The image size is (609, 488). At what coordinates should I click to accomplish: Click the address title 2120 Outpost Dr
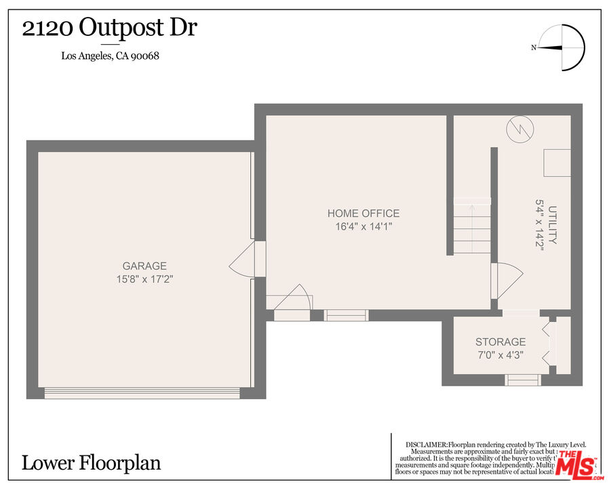110,28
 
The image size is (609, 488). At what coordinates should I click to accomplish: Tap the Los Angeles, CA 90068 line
111,56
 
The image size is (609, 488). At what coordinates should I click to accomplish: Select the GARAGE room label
144,266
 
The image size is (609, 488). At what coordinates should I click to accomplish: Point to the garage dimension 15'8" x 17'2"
144,279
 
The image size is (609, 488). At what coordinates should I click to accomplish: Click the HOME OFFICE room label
364,213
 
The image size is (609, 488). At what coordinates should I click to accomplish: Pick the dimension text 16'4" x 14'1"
364,226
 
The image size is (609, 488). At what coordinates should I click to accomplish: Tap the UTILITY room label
553,225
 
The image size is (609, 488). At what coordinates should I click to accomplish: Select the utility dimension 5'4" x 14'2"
541,225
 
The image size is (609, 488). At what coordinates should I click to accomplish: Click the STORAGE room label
500,342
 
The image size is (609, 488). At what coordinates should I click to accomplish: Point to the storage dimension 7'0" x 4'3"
500,355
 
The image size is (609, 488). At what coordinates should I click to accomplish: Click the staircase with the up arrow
472,226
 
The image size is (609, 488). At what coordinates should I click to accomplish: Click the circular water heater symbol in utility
521,129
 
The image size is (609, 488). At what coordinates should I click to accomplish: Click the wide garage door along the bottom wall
142,392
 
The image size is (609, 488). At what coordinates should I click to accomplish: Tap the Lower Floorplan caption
92,463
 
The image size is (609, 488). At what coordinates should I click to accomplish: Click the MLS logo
575,464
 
